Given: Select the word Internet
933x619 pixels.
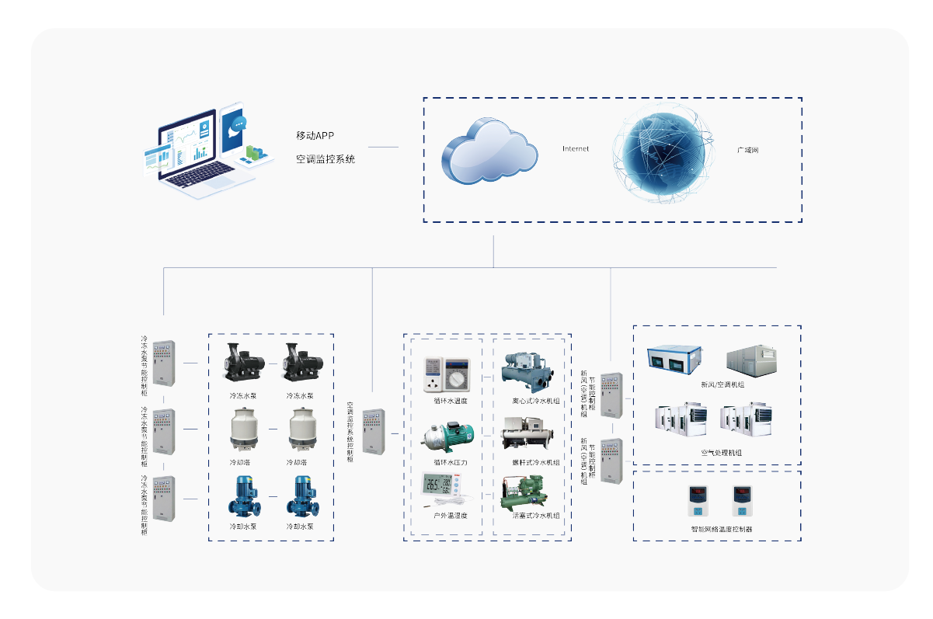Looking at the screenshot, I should pyautogui.click(x=576, y=148).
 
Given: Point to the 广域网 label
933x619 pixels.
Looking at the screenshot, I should pyautogui.click(x=748, y=149).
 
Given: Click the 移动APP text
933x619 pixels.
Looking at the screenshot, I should pyautogui.click(x=315, y=135).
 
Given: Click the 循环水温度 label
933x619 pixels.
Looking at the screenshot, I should pyautogui.click(x=451, y=402).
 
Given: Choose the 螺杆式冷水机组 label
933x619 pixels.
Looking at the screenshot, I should pyautogui.click(x=536, y=463).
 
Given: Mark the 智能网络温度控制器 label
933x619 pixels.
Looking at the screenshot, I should pyautogui.click(x=722, y=529).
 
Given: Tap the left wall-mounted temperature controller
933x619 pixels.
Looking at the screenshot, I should pyautogui.click(x=695, y=502).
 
